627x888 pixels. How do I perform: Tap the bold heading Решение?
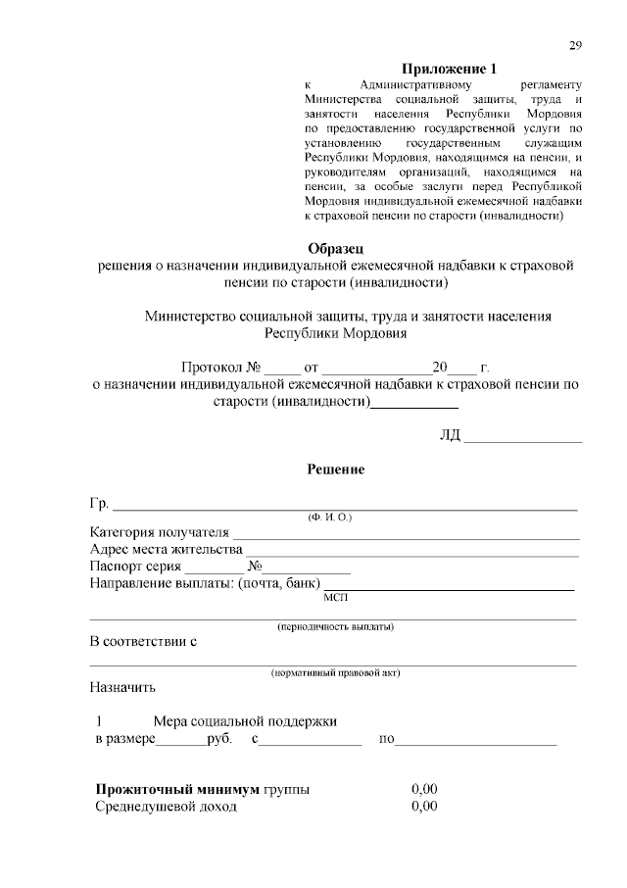click(x=336, y=469)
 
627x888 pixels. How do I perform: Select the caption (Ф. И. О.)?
click(x=330, y=517)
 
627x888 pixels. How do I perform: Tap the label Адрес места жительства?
click(x=165, y=550)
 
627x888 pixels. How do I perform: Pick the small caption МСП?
click(x=335, y=596)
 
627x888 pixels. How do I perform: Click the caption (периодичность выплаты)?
click(x=336, y=625)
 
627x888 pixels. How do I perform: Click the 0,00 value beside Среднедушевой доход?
click(x=424, y=807)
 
